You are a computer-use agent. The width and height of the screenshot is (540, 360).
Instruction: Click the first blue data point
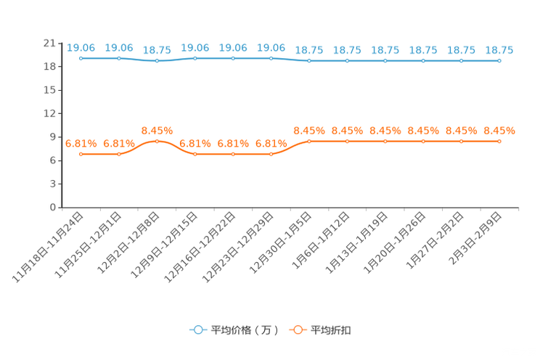[81, 58]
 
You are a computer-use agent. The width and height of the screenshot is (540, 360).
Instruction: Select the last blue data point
[499, 61]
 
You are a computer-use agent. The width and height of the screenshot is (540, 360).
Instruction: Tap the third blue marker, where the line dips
[157, 61]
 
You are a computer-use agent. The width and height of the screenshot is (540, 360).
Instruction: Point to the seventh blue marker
[309, 61]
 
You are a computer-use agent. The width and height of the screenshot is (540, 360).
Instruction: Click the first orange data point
[81, 154]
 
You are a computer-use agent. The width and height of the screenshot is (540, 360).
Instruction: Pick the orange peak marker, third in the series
[157, 141]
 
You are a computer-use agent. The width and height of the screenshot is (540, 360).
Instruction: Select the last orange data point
[499, 141]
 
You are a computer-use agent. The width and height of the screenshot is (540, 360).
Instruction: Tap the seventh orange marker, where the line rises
[309, 141]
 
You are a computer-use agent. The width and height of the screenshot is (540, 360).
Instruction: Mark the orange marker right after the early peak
[195, 154]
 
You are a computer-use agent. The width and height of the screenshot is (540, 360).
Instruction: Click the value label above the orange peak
[157, 130]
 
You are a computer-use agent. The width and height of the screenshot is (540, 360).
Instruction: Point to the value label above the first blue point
[81, 48]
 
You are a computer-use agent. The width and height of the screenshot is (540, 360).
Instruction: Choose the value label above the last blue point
[499, 51]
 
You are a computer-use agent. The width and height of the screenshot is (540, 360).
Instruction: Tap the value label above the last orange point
[499, 131]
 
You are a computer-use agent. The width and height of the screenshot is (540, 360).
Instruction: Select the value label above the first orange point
[81, 144]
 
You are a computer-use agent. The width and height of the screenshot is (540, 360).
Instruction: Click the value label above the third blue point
[157, 51]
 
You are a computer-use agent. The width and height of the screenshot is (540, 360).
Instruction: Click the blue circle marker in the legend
[197, 330]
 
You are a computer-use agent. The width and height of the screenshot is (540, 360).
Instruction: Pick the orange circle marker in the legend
[297, 330]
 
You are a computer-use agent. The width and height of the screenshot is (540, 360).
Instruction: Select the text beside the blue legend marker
[245, 330]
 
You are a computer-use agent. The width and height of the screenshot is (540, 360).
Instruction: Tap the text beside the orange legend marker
[332, 330]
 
